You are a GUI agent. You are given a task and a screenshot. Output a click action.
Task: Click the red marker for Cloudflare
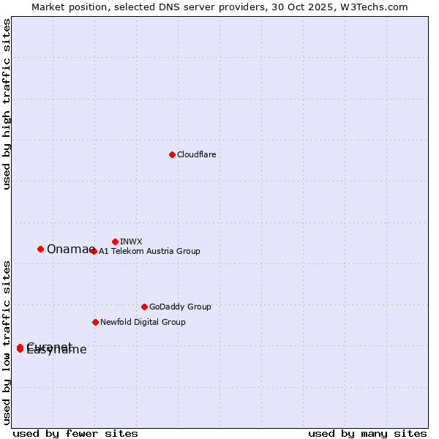tap(172, 154)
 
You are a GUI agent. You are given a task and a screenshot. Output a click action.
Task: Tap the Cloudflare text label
tap(197, 155)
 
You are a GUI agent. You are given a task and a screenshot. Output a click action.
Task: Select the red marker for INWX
tap(115, 241)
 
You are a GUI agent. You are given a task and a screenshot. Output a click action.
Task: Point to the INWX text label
tap(131, 241)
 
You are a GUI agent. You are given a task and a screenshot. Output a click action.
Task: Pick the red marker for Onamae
tap(40, 249)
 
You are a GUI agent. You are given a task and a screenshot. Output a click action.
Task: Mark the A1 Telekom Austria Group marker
tap(93, 251)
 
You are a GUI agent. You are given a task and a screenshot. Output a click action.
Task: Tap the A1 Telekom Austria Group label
tap(149, 252)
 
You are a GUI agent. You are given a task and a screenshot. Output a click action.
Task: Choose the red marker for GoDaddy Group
tap(144, 307)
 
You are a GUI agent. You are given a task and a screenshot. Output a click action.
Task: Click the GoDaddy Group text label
tap(180, 307)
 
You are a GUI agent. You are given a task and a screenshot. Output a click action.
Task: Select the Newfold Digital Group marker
tap(95, 322)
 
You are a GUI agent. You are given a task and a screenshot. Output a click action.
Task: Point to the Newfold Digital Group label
tap(143, 322)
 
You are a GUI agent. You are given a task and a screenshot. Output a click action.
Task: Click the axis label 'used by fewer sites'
tap(75, 433)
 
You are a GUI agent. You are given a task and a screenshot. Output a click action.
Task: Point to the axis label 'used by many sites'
tap(367, 433)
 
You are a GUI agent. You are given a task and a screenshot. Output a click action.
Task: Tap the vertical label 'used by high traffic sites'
tap(7, 104)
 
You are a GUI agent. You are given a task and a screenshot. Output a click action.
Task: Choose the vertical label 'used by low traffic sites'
tap(7, 342)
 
